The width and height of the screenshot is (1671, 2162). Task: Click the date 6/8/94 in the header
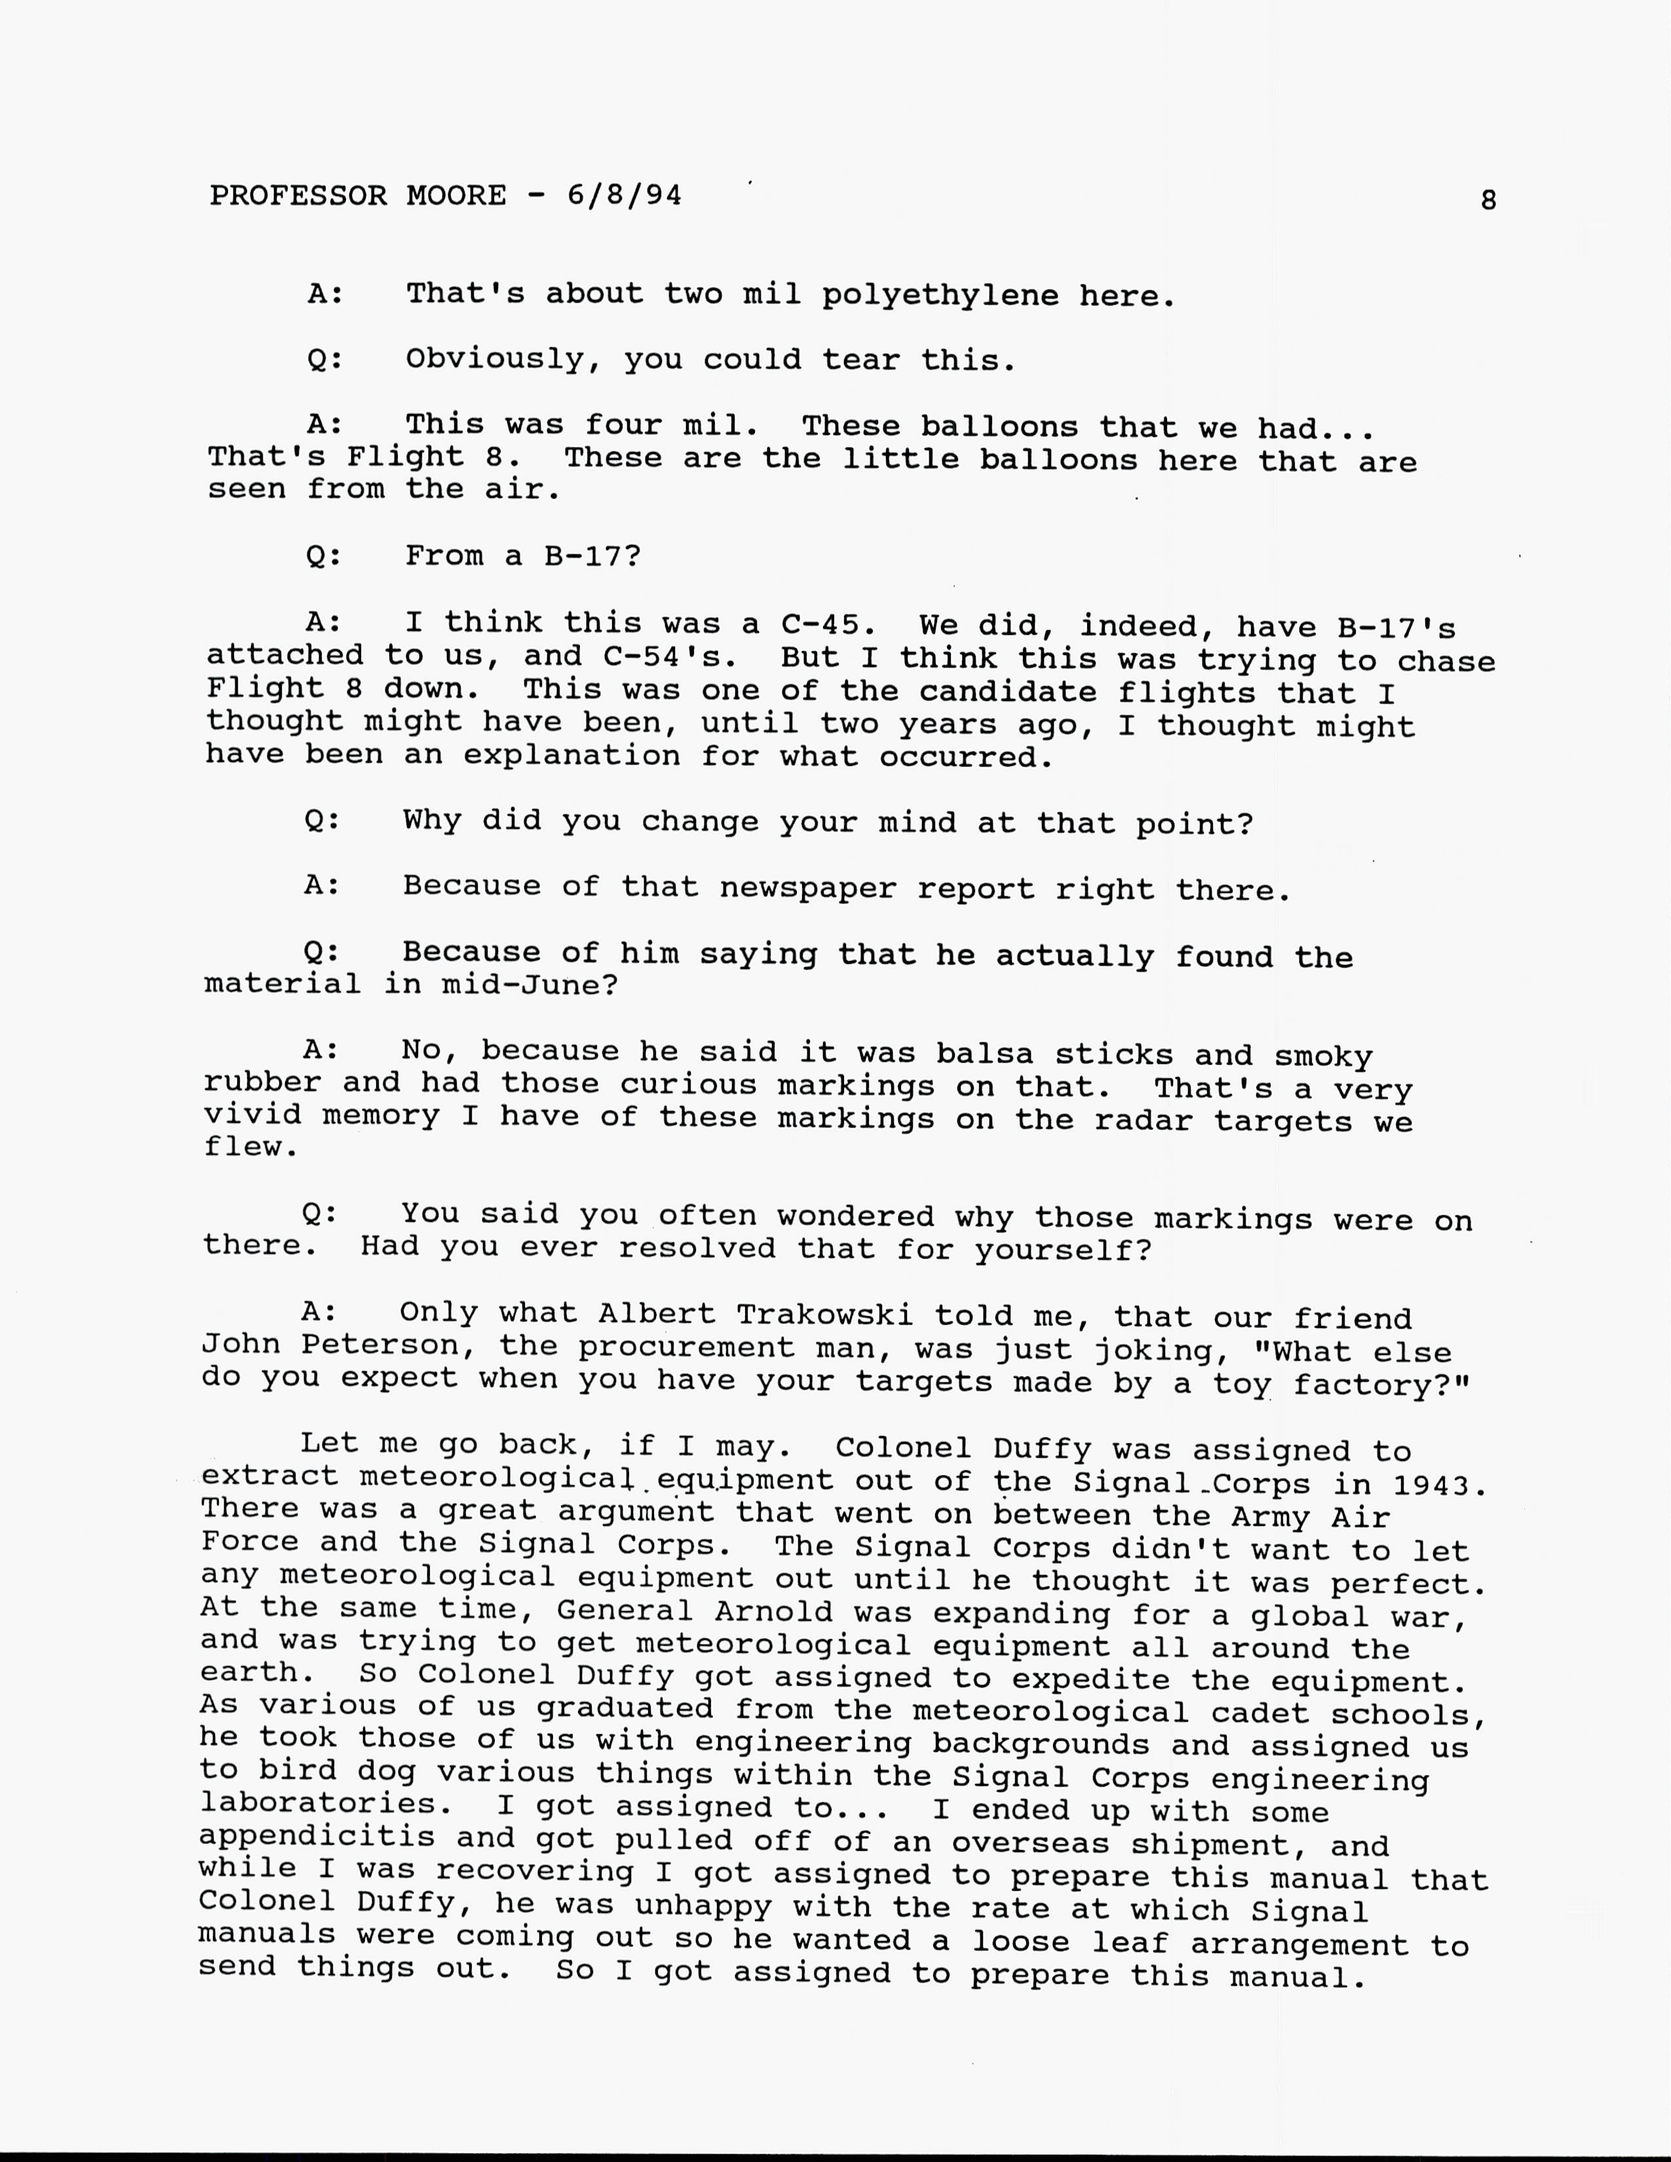point(624,195)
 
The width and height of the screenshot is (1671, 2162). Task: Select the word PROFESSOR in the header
point(298,195)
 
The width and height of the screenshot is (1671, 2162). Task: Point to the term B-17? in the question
point(592,556)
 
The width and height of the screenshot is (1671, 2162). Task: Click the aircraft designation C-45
point(828,624)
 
